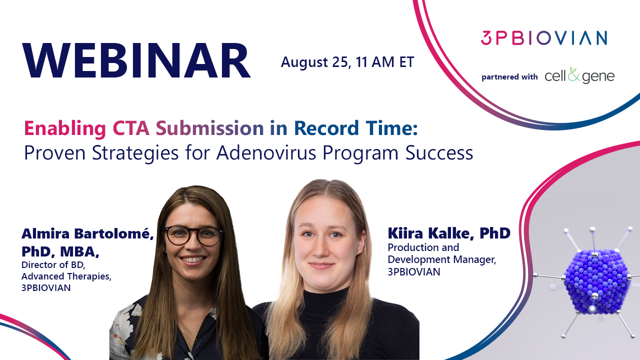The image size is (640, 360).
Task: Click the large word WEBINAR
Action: (x=136, y=60)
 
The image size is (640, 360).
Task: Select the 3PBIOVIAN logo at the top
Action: (x=544, y=38)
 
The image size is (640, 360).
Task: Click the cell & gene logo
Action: (x=579, y=75)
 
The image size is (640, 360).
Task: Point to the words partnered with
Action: (x=509, y=77)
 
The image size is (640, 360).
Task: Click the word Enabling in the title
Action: (x=65, y=128)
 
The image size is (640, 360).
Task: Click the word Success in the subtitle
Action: (x=439, y=153)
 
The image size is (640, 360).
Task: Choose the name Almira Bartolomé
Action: (x=87, y=233)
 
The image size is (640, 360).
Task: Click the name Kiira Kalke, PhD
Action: (x=449, y=233)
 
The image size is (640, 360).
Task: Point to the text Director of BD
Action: (x=53, y=265)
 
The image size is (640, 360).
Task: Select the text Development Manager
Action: (x=441, y=259)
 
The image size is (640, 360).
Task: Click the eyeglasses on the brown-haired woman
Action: (x=193, y=235)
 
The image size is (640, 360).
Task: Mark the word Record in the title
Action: (x=326, y=128)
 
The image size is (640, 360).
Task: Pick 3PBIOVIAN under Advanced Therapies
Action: (x=46, y=287)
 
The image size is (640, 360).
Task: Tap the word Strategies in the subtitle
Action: (x=135, y=153)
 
